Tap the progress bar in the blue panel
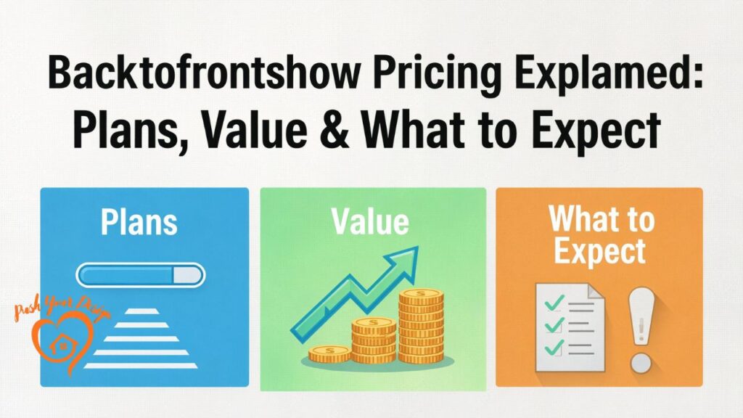pos(141,275)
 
